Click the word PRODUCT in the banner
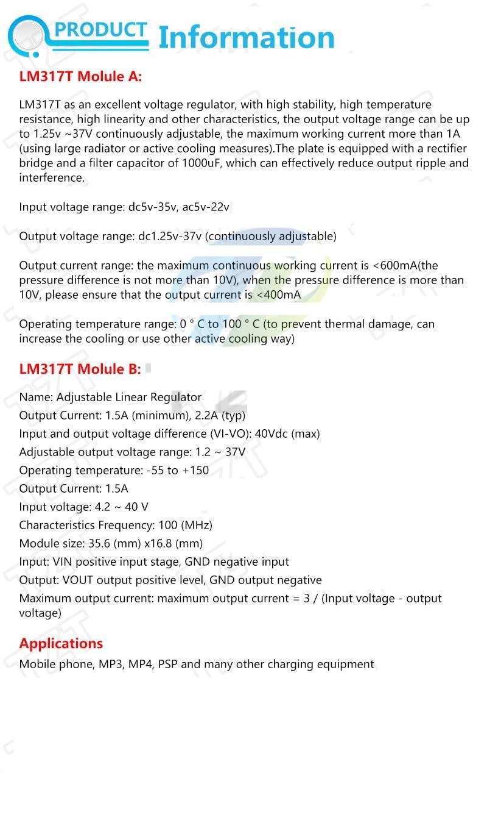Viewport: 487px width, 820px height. coord(102,30)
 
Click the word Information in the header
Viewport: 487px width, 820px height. coord(246,37)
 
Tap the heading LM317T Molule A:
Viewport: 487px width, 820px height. coord(80,76)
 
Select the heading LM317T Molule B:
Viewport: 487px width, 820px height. coord(80,369)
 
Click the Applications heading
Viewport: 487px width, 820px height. coord(61,643)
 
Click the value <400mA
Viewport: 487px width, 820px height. coord(278,295)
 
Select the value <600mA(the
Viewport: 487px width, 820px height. coord(405,266)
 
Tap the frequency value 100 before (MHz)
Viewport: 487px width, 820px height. coord(167,525)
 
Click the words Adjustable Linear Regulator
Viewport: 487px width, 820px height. coord(129,397)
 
